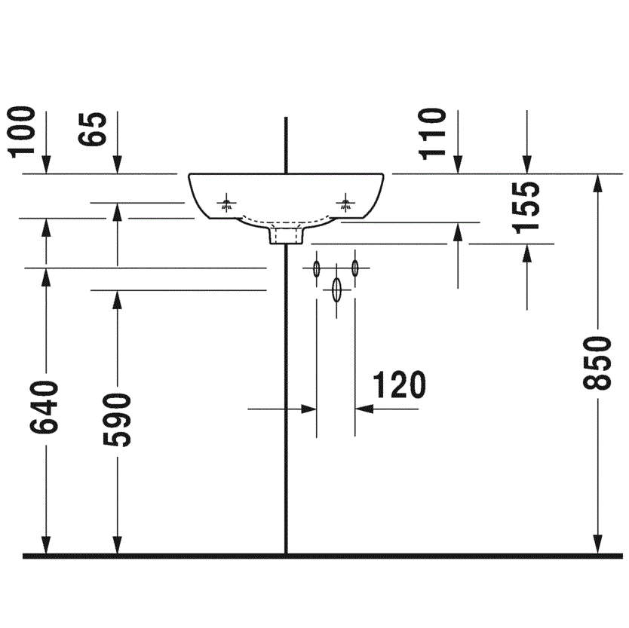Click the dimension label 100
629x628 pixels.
coord(21,131)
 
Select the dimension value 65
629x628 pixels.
coord(92,129)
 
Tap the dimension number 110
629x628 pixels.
coord(432,133)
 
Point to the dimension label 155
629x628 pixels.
coord(525,207)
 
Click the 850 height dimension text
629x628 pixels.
coord(597,363)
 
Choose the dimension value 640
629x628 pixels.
coord(44,407)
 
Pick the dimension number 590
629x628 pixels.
coord(117,419)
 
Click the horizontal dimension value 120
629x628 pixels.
coord(399,384)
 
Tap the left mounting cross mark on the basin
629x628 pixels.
coord(227,203)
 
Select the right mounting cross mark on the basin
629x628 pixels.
coord(345,203)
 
